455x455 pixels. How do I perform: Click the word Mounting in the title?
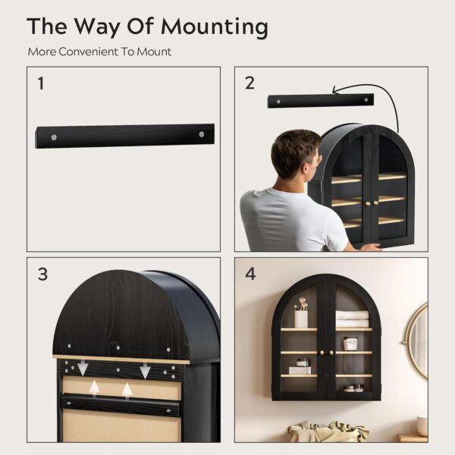click(x=215, y=27)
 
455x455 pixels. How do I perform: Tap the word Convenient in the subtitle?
click(x=89, y=52)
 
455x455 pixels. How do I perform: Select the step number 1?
click(x=41, y=83)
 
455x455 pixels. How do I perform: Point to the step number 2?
click(x=249, y=83)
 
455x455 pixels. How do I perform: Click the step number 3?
click(x=42, y=274)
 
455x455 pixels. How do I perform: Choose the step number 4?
click(x=250, y=274)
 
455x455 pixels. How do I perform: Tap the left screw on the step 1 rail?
click(x=54, y=137)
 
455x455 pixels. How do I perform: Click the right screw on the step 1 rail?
click(x=202, y=134)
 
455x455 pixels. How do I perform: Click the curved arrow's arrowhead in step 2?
click(x=335, y=90)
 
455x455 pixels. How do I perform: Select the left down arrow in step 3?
click(x=83, y=367)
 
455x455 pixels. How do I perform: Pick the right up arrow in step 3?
click(x=127, y=390)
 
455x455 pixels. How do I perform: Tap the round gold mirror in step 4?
click(x=417, y=340)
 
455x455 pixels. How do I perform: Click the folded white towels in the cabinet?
click(x=352, y=319)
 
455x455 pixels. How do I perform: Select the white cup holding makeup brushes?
click(x=301, y=319)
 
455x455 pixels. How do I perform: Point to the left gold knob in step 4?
click(x=322, y=353)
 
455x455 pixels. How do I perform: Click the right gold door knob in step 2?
click(x=375, y=203)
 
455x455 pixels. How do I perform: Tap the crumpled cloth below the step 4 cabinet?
click(x=328, y=431)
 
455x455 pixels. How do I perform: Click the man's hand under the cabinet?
click(x=370, y=247)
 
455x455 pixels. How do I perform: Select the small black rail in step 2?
click(x=321, y=101)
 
